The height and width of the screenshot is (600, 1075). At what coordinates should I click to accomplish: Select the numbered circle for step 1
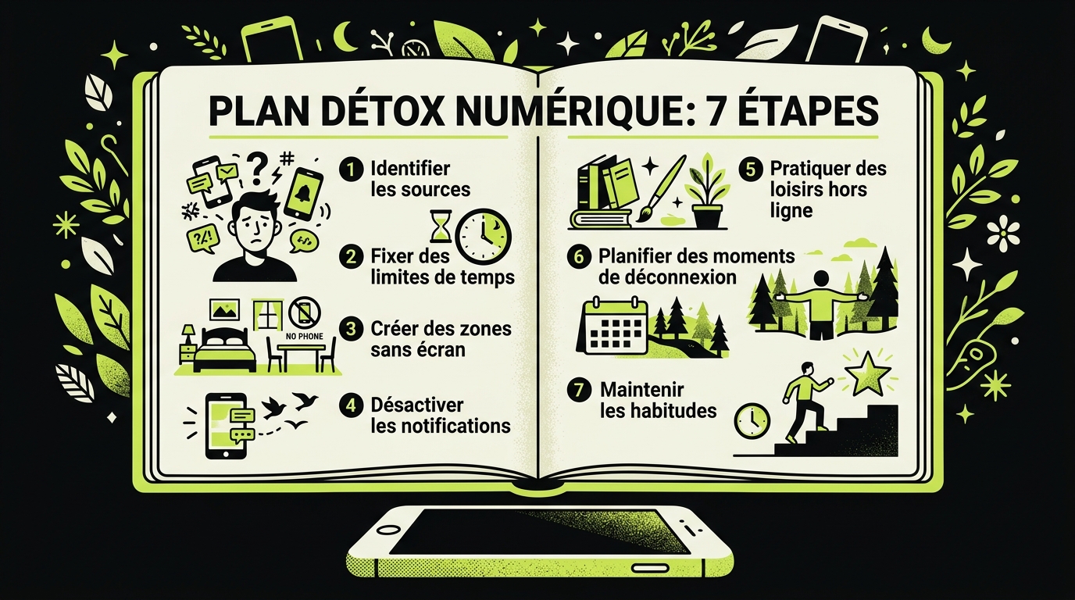pos(352,170)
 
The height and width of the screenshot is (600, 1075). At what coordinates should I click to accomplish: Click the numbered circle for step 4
pos(352,405)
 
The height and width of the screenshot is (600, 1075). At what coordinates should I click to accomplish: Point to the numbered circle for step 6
pos(579,257)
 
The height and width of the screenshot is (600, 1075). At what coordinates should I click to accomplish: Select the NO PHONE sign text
pos(304,337)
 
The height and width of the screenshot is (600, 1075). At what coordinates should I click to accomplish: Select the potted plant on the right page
pos(707,191)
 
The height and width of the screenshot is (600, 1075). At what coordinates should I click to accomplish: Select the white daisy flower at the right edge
pos(1003,233)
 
